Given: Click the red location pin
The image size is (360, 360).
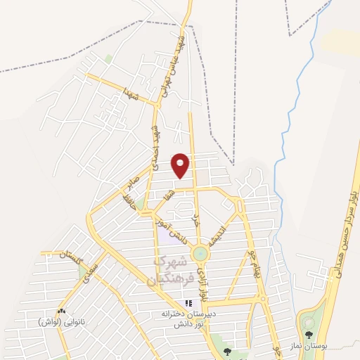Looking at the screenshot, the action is [181, 165].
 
